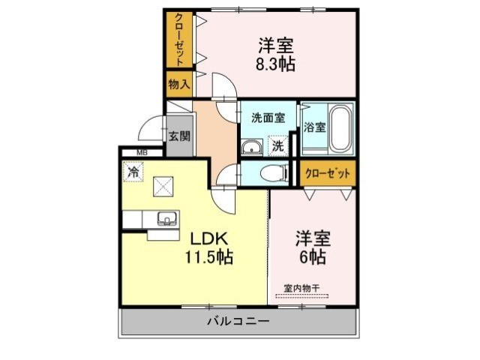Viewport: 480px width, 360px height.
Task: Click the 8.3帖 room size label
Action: [275, 65]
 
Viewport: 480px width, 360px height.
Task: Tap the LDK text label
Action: [209, 238]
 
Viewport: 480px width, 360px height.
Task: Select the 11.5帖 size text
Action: [208, 256]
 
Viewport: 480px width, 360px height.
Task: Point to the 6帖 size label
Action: [312, 256]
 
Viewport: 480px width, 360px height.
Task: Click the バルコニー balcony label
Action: [238, 322]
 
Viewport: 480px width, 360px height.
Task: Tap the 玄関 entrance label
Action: [180, 136]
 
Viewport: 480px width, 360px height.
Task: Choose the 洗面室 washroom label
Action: [268, 118]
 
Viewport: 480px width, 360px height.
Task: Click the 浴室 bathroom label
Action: [314, 127]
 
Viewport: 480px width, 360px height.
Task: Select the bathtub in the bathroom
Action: [340, 128]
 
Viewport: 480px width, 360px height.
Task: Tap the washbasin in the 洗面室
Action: [252, 148]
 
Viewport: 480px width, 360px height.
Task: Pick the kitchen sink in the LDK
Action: [167, 218]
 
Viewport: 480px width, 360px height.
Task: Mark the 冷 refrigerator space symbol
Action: [133, 172]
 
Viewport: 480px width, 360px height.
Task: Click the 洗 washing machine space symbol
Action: [278, 145]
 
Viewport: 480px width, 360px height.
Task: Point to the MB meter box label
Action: [142, 152]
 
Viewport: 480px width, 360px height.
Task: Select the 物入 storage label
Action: [179, 84]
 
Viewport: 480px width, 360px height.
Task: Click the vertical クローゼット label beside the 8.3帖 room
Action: [179, 40]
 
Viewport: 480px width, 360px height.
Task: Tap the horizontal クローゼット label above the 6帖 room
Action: [328, 173]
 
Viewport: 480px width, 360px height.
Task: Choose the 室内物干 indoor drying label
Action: [301, 288]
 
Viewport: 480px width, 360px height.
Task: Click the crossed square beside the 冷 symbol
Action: [163, 187]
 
